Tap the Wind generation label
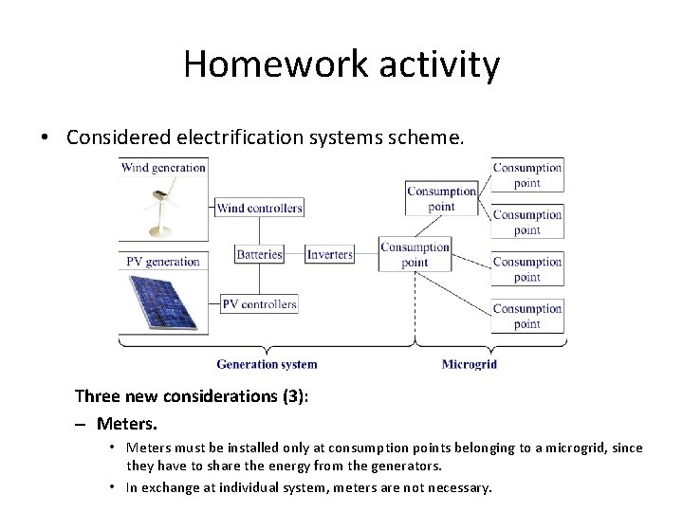tap(163, 168)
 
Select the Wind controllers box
tap(259, 208)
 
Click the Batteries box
tap(259, 254)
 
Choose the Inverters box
tap(329, 254)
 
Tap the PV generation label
tap(162, 261)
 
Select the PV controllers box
tap(259, 304)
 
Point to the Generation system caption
tap(267, 363)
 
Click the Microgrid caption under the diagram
tap(469, 363)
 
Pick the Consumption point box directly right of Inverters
tap(415, 255)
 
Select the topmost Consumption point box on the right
tap(527, 175)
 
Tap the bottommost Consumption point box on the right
tap(527, 316)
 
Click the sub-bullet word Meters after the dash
tap(129, 421)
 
